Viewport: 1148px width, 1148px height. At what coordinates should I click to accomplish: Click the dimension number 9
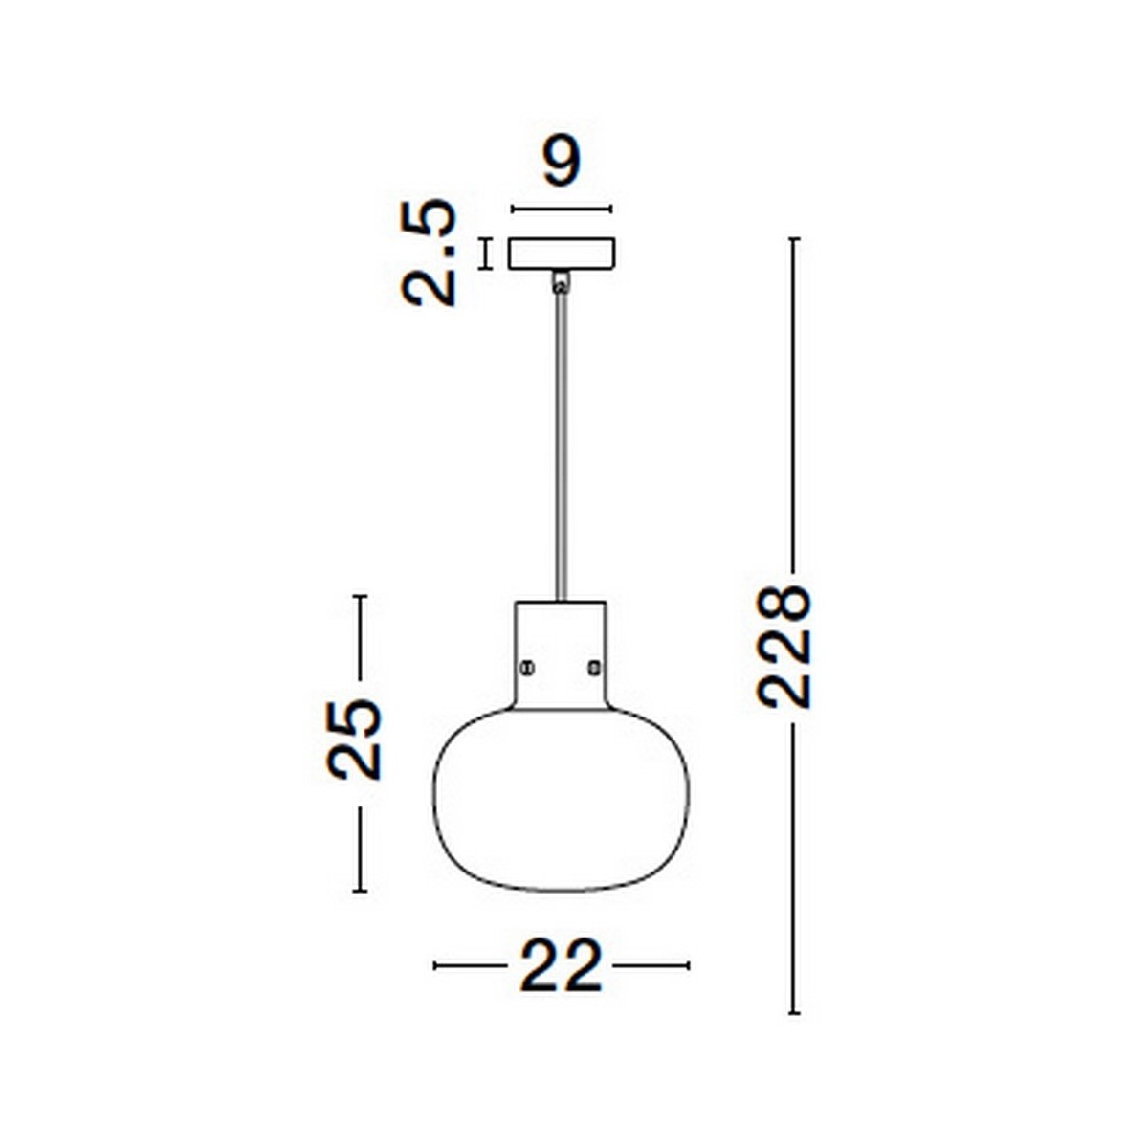click(562, 163)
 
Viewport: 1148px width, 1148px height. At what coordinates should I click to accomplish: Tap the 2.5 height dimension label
click(430, 253)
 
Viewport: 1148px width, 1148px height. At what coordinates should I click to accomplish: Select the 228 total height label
click(784, 647)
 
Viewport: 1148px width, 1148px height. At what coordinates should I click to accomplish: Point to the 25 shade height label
click(355, 739)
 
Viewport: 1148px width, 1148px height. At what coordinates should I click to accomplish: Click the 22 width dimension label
click(562, 966)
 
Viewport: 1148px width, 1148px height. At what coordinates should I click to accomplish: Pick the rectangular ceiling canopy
click(562, 254)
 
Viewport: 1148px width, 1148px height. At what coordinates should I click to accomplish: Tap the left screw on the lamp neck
click(525, 666)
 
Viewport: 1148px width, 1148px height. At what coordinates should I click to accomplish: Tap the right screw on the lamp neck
click(595, 666)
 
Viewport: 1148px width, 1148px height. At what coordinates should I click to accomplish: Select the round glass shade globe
click(562, 799)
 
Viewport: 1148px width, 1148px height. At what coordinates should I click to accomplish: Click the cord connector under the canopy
click(561, 281)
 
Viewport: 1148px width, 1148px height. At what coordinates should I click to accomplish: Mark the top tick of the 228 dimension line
click(793, 238)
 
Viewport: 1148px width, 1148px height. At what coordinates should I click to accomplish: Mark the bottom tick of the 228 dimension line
click(793, 1012)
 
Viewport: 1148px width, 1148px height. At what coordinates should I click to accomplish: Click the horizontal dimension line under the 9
click(562, 209)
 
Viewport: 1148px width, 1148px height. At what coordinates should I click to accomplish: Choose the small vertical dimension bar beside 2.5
click(486, 254)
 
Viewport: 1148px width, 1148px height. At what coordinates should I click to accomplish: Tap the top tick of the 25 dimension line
click(360, 597)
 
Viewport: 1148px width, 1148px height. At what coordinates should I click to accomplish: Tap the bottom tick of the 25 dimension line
click(360, 891)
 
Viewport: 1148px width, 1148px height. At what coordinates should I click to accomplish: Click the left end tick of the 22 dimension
click(435, 966)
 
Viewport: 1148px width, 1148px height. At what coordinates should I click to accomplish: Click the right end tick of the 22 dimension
click(688, 966)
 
